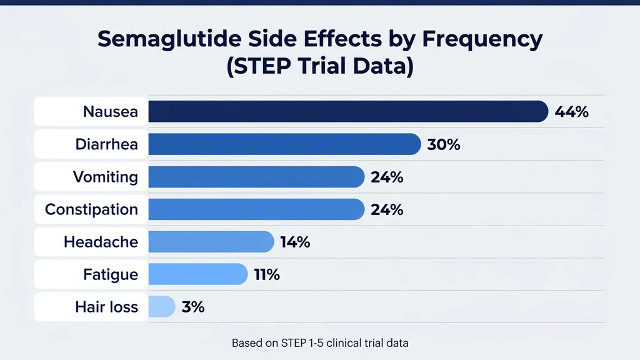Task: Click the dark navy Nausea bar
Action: point(347,112)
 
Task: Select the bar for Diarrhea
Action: point(284,144)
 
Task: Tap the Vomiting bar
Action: point(256,177)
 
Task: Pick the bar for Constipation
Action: point(256,209)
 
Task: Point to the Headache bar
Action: point(211,242)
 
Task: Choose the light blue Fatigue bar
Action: point(198,274)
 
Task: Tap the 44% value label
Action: point(572,112)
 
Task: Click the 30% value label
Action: point(444,145)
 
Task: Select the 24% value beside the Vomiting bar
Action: point(387,177)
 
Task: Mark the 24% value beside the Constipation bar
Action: point(387,210)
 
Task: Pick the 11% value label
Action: point(267,275)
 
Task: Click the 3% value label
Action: point(193,307)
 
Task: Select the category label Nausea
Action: point(111,112)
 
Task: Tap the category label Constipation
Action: point(91,210)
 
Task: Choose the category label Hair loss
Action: point(106,307)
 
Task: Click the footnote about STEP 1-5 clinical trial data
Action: point(320,343)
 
